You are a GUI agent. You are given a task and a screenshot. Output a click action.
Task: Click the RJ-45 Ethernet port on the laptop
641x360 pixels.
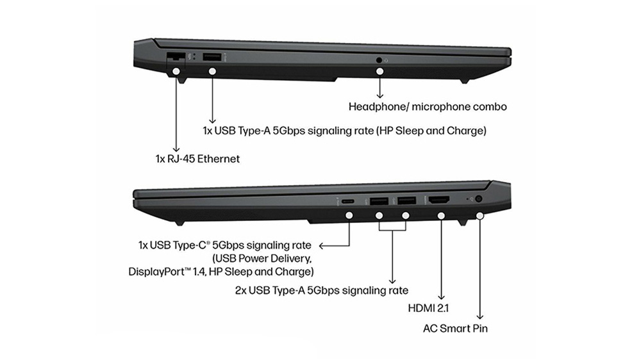[176, 56]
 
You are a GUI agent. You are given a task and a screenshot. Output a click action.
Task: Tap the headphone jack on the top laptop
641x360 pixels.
[379, 60]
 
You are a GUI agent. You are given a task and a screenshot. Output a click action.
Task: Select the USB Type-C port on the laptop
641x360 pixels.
[348, 201]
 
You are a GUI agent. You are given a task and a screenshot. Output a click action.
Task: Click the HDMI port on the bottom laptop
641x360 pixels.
[438, 200]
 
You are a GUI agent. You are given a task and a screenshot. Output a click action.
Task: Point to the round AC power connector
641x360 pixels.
[478, 199]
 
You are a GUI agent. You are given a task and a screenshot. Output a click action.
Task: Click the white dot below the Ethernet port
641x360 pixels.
[176, 71]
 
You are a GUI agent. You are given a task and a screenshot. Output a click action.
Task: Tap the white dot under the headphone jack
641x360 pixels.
[379, 71]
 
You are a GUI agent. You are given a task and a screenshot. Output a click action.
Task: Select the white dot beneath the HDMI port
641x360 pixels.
[441, 215]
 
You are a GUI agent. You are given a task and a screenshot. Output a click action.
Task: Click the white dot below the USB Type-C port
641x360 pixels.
[349, 215]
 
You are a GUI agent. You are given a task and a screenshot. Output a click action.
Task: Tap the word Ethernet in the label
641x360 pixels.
[219, 159]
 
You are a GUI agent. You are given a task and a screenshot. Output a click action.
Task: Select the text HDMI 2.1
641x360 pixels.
[428, 307]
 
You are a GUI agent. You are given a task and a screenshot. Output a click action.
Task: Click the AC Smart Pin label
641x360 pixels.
[455, 328]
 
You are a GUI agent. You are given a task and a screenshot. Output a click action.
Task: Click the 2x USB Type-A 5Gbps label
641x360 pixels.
[321, 290]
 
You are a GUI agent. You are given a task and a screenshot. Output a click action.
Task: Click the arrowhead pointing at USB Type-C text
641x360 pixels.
[321, 245]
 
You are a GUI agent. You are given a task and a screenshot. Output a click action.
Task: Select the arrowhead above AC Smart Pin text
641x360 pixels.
[480, 316]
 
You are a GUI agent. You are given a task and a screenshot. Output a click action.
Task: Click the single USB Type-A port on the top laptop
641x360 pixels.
[212, 57]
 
